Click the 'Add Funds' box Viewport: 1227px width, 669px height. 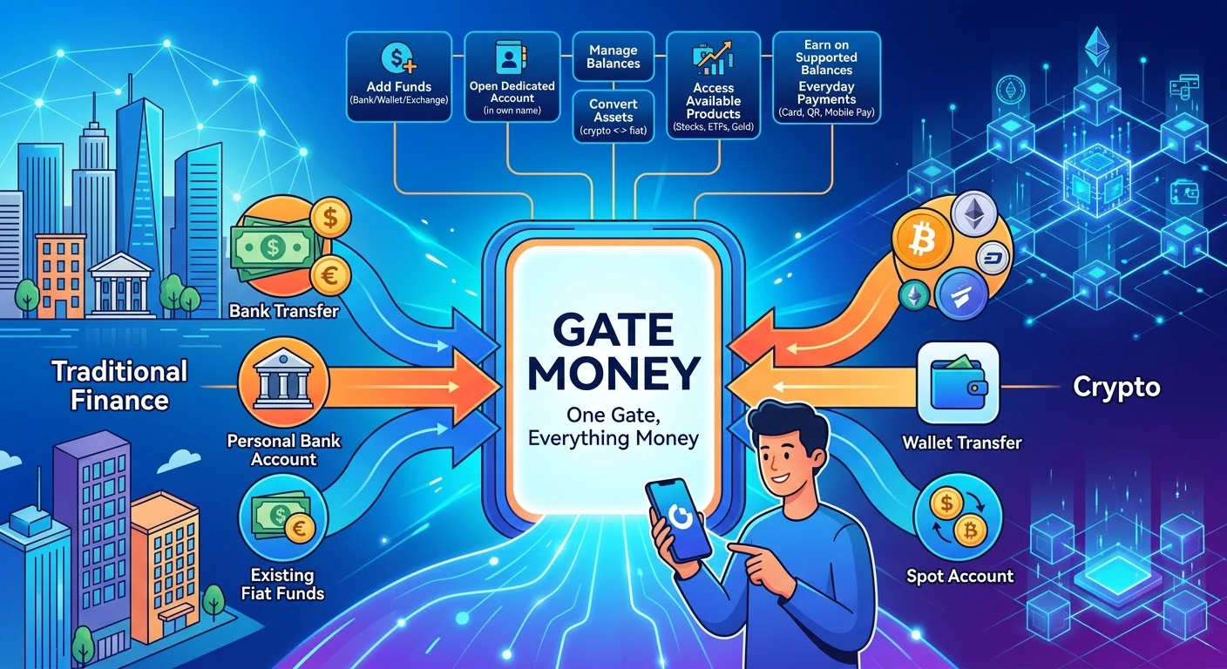[x=399, y=77]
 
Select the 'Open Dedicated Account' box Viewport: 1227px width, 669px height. [x=512, y=77]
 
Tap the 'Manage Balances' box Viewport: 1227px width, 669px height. [x=613, y=57]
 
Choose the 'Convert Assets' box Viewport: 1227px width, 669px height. [x=613, y=117]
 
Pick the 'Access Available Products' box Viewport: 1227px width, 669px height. [x=713, y=84]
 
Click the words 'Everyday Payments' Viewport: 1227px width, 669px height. [x=827, y=93]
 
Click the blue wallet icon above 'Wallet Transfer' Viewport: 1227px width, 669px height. [x=959, y=382]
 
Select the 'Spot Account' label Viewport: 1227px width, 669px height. [x=959, y=576]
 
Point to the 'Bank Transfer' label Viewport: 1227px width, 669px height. [x=284, y=312]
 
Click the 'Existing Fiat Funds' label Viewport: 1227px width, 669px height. [x=282, y=585]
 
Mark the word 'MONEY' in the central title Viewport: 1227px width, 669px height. [x=613, y=373]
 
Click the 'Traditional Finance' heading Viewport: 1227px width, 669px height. [x=119, y=385]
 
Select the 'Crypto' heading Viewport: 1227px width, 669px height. [x=1116, y=388]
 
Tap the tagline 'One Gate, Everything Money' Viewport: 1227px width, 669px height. [x=613, y=427]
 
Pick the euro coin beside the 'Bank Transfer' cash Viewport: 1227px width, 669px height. [x=330, y=275]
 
